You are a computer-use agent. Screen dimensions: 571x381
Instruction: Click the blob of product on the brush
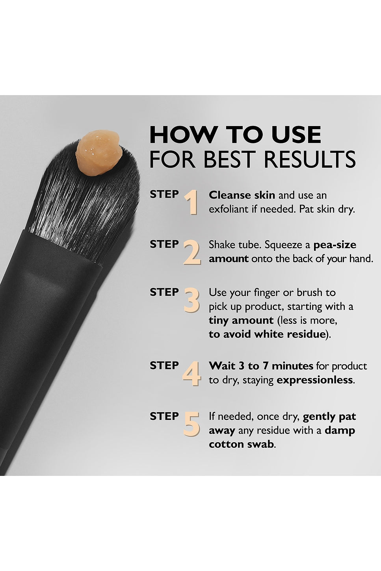tap(98, 153)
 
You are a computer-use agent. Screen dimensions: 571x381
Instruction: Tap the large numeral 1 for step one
tap(191, 202)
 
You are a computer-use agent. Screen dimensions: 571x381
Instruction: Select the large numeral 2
tap(192, 252)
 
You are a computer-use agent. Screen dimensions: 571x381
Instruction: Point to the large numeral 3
tap(191, 300)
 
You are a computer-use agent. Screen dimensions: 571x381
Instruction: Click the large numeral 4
tap(191, 373)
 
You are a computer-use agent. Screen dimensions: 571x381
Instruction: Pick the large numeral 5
tap(191, 424)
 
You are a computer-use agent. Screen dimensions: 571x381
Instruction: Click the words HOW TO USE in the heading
tap(235, 135)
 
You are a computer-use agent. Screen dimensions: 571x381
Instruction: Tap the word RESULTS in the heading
tap(310, 159)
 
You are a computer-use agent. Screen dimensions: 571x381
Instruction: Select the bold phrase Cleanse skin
tap(242, 195)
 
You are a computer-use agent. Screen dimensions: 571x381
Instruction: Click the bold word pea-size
tap(335, 245)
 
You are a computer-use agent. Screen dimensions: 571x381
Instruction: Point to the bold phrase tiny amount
tap(241, 320)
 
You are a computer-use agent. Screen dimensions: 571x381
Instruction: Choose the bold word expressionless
tap(314, 380)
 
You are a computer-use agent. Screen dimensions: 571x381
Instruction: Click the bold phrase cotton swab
tap(241, 444)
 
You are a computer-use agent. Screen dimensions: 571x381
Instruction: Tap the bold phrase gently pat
tap(329, 417)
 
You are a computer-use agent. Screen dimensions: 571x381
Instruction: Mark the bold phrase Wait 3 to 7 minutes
tap(261, 366)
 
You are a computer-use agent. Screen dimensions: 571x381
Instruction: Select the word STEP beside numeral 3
tap(164, 292)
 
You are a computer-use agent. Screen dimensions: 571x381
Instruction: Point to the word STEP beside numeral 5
tap(164, 416)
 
